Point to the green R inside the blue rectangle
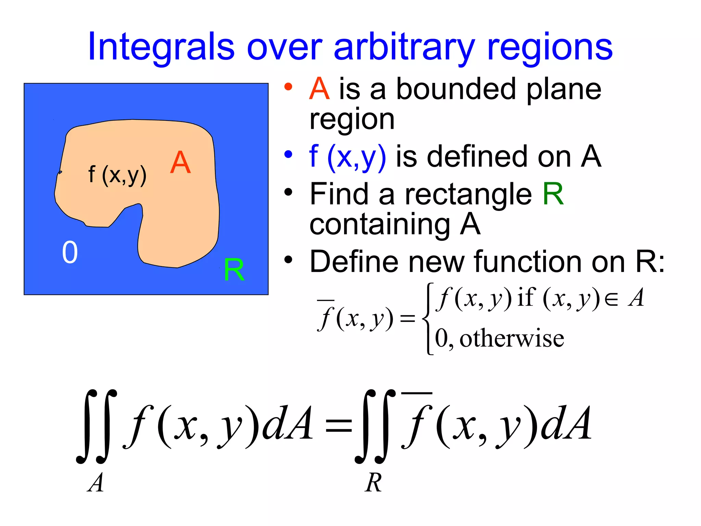(x=234, y=270)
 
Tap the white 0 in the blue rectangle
(x=70, y=252)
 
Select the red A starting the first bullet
(x=319, y=89)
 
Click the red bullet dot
(x=288, y=87)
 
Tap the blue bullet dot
(x=288, y=154)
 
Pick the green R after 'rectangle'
(x=553, y=194)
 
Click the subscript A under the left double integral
(x=95, y=483)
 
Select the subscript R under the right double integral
(x=373, y=483)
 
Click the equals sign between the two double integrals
(x=339, y=426)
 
